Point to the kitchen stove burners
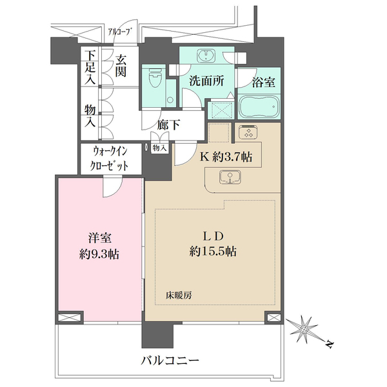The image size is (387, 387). tap(248, 133)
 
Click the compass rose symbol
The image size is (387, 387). tap(305, 330)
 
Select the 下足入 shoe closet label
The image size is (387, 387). tap(89, 66)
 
